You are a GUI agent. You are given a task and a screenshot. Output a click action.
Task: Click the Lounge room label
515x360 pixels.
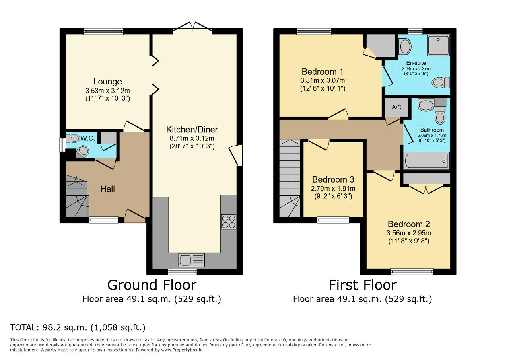tap(107, 82)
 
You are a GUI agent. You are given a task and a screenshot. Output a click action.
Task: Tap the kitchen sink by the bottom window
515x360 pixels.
tap(191, 260)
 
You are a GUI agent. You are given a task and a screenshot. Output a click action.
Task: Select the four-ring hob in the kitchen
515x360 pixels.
tap(229, 222)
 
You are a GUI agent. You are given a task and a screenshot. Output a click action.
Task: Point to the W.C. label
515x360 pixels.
tap(88, 138)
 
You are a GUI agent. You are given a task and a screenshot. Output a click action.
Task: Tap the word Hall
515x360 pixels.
tap(107, 189)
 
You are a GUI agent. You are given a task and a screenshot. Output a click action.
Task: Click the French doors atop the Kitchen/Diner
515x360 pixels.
tap(192, 26)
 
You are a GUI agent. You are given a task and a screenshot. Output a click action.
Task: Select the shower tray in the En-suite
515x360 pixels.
tap(439, 45)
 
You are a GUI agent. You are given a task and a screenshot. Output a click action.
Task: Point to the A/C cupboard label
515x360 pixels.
tap(396, 107)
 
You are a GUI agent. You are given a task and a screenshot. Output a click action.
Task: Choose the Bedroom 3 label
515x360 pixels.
tap(333, 179)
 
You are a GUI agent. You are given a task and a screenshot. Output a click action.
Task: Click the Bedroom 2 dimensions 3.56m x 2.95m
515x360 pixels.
tap(408, 233)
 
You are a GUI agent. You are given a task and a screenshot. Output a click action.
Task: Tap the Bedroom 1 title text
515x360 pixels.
tap(323, 72)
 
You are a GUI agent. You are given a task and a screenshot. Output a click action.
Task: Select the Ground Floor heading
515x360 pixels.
tap(152, 285)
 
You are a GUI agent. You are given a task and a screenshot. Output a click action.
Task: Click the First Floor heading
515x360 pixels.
tap(363, 285)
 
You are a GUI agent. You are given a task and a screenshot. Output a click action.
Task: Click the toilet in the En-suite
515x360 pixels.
tap(441, 82)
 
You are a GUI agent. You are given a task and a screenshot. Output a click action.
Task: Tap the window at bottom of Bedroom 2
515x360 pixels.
tap(412, 272)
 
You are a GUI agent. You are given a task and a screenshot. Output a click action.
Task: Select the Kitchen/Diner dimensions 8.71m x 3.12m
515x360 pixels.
tap(192, 138)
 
